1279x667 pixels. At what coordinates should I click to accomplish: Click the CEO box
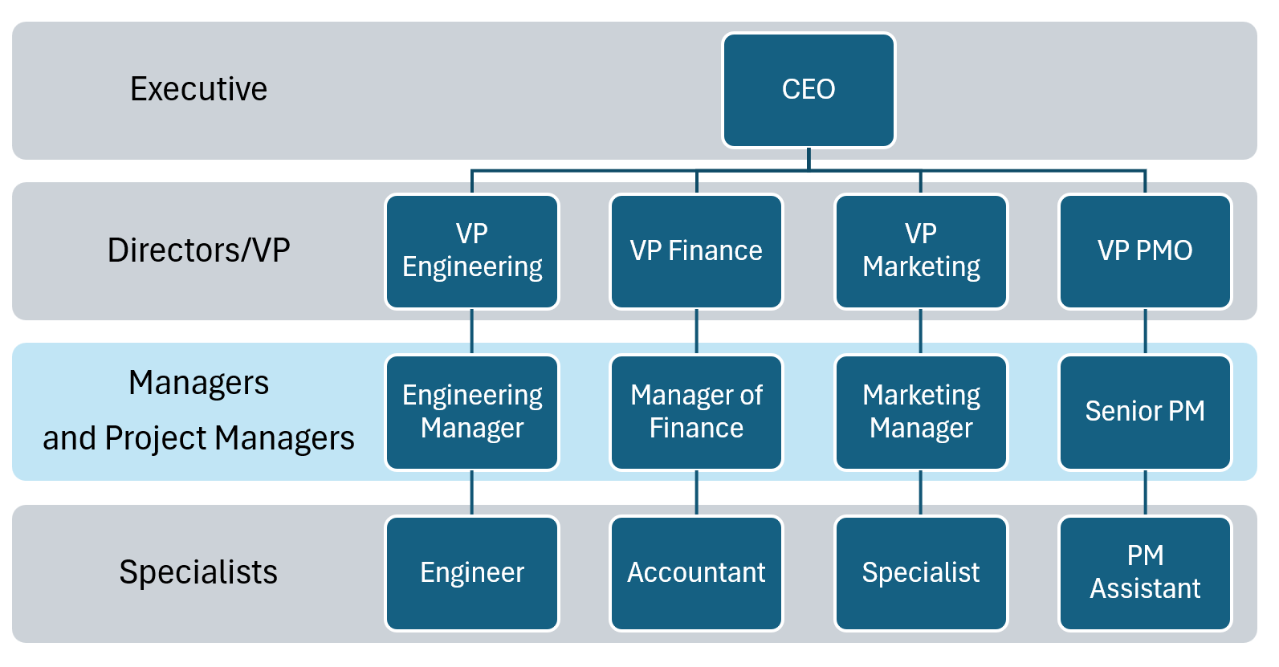click(809, 90)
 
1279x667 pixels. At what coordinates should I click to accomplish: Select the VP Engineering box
click(472, 251)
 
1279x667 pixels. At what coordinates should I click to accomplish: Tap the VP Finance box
click(696, 251)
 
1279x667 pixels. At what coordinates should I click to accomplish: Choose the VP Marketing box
click(921, 251)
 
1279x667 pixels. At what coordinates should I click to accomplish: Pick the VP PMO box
click(1145, 251)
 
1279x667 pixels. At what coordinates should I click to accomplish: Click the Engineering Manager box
click(472, 412)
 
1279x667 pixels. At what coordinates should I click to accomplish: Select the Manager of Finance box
click(696, 412)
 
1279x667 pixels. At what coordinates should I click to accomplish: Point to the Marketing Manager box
click(921, 412)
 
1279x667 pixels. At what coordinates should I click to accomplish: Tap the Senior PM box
click(1145, 412)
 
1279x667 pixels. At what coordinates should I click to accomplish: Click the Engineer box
click(472, 573)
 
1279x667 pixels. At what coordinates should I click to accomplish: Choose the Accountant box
click(696, 573)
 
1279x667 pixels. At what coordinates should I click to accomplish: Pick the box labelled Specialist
click(921, 573)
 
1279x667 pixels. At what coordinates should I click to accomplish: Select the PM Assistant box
click(1145, 573)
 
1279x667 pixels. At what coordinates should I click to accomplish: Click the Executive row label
click(198, 89)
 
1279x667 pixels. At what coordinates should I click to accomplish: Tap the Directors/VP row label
click(198, 250)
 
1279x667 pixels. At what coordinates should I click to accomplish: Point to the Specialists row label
click(198, 572)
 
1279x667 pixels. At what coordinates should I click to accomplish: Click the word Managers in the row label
click(198, 383)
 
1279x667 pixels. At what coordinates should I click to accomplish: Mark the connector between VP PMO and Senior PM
click(1145, 331)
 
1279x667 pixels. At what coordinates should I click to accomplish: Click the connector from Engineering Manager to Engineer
click(472, 493)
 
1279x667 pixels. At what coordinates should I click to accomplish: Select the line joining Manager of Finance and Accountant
click(696, 493)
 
